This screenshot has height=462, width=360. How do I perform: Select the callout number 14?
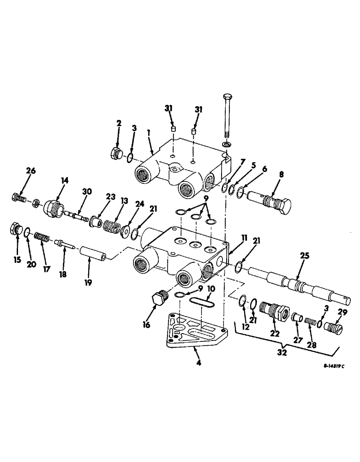[64, 181]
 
